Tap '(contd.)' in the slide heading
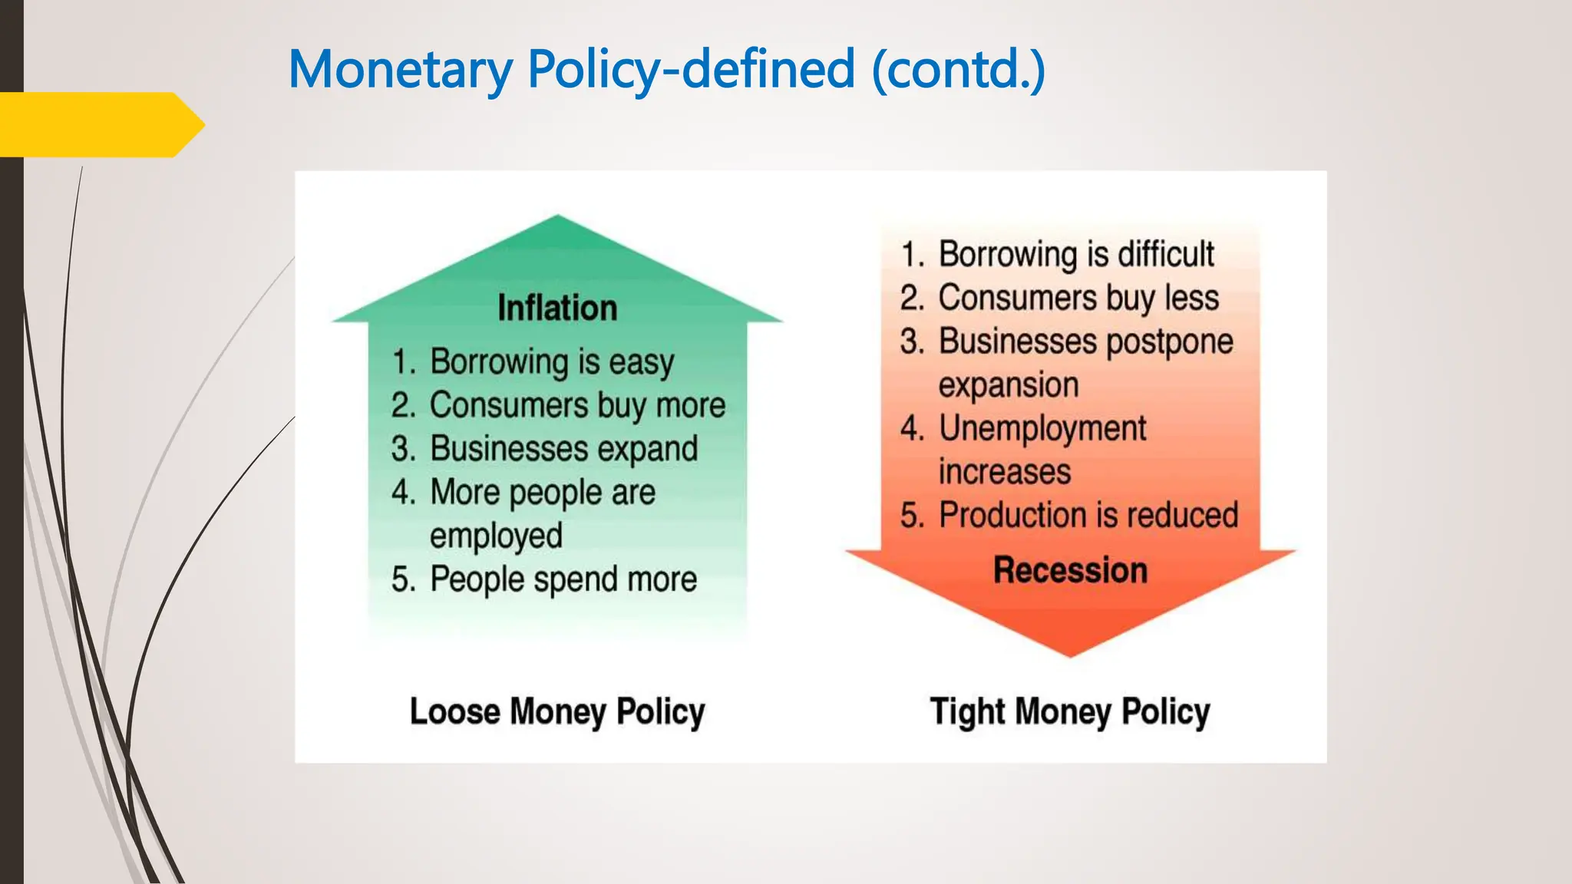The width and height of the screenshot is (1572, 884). pyautogui.click(x=959, y=69)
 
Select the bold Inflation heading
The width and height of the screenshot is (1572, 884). pyautogui.click(x=557, y=308)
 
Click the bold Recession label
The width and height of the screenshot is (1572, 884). pyautogui.click(x=1070, y=571)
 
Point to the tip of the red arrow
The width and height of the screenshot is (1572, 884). pyautogui.click(x=1070, y=654)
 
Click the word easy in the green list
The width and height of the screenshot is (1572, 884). pyautogui.click(x=641, y=362)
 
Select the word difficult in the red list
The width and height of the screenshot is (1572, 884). pyautogui.click(x=1166, y=254)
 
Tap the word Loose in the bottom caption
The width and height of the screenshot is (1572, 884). pyautogui.click(x=454, y=711)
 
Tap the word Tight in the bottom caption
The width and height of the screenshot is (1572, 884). pyautogui.click(x=967, y=711)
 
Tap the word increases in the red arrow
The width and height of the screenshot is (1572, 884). pyautogui.click(x=1004, y=471)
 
